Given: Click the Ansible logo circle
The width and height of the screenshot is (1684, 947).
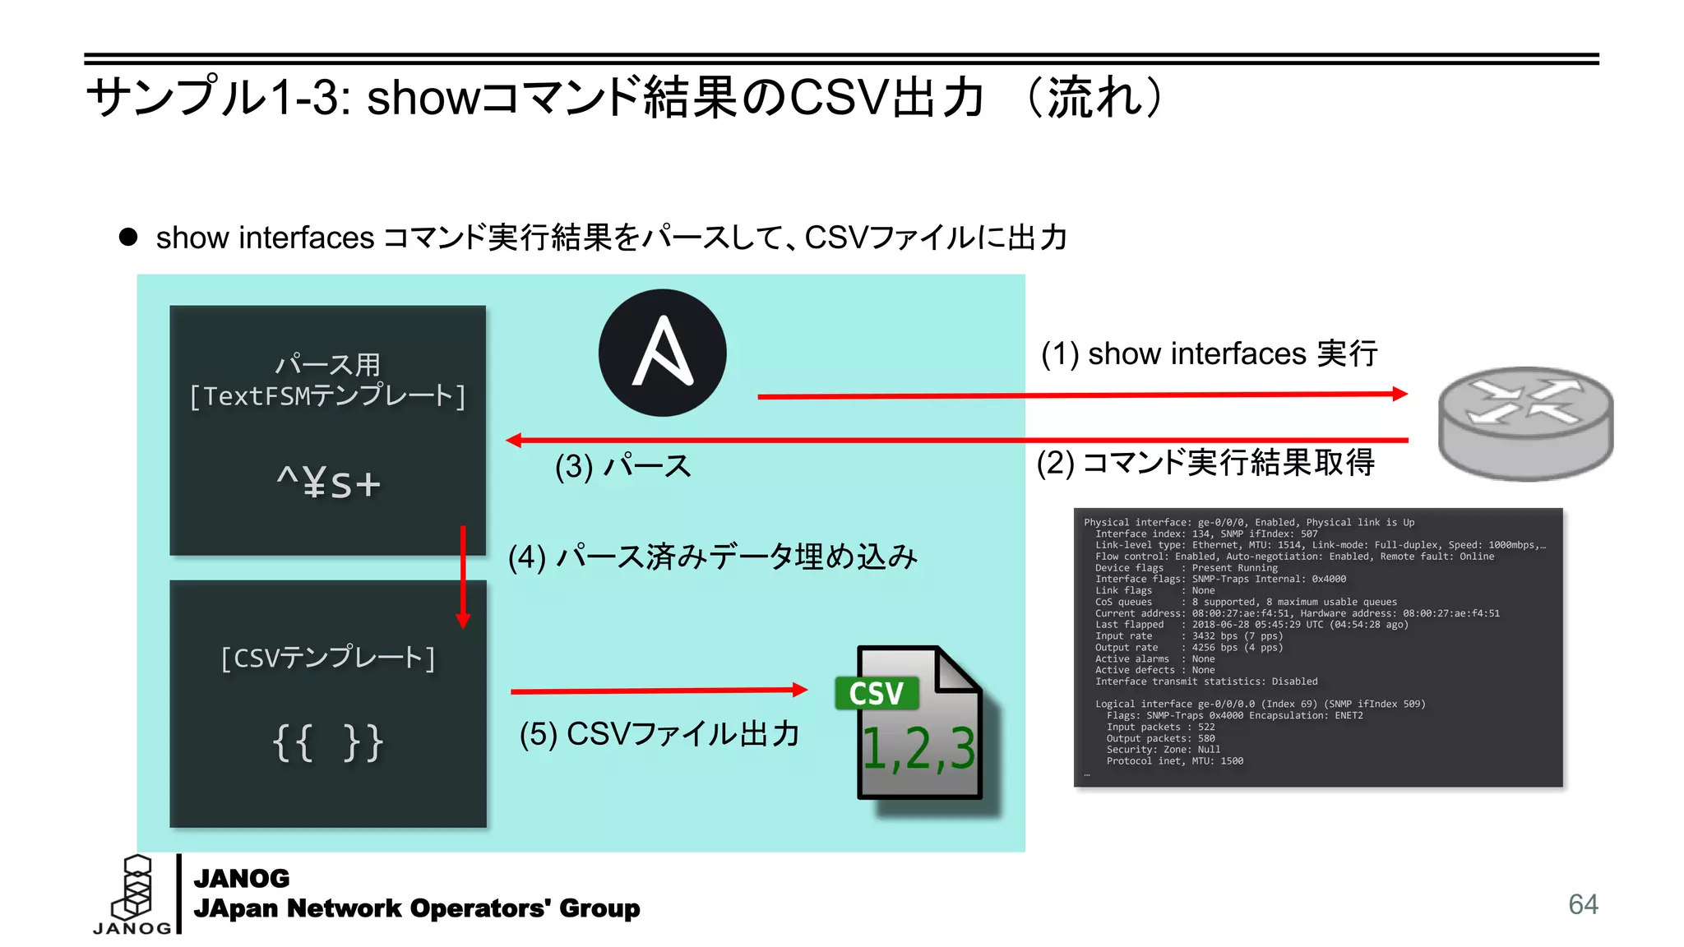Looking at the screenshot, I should coord(662,353).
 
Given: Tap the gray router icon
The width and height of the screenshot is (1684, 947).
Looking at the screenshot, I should coord(1525,423).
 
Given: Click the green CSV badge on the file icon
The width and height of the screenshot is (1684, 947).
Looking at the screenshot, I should coord(877,694).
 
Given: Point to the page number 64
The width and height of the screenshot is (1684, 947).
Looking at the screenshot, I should coord(1583,904).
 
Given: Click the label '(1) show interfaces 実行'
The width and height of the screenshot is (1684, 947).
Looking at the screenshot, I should coord(1209,353).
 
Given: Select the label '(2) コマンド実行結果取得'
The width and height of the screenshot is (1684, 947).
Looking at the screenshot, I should coord(1205,462).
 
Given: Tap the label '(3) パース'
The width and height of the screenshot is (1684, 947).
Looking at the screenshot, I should coord(622,466).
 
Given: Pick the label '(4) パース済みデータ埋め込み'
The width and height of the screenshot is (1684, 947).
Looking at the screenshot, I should coord(712,557).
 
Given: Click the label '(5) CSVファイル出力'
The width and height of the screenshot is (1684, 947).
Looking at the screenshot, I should coord(659,733).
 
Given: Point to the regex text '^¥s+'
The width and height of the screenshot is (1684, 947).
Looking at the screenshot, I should coord(328,483).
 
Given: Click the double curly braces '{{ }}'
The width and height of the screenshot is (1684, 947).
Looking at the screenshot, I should coord(328,742).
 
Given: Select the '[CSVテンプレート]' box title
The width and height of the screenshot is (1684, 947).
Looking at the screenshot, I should coord(328,658).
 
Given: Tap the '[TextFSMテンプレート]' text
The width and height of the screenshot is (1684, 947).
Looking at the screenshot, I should coord(328,396).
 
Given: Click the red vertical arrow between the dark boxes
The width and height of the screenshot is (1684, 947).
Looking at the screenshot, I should coord(463,576).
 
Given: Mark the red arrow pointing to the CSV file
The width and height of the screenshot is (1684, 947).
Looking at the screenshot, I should coord(658,691).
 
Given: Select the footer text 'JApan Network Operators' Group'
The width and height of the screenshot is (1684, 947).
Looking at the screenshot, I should coord(416,908).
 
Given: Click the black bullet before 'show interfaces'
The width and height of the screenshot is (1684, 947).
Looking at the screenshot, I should coord(128,238).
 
